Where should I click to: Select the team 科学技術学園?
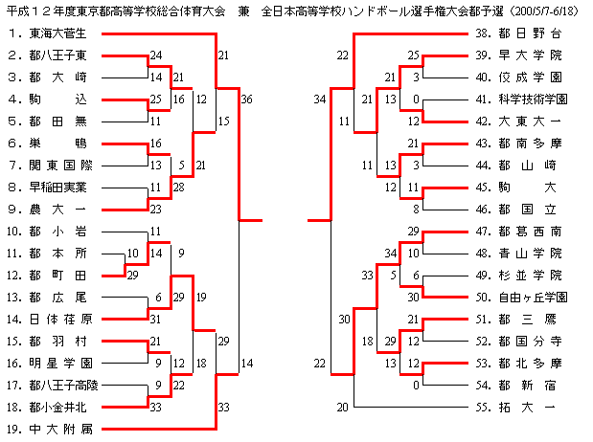(534, 99)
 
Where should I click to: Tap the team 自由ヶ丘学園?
(534, 296)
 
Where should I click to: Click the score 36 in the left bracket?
(247, 99)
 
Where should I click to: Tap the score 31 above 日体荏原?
(155, 319)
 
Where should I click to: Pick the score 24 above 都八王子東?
(155, 55)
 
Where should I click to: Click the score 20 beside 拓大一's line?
(342, 407)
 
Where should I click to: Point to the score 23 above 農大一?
(155, 209)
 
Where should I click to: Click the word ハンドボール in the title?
(361, 10)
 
